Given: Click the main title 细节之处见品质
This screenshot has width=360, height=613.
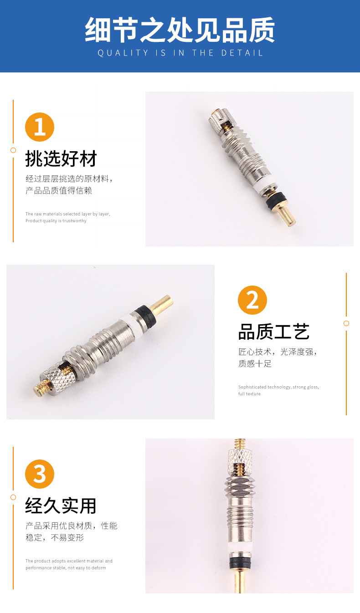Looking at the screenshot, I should pos(180,30).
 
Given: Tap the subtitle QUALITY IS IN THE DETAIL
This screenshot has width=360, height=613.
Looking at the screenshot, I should pos(180,53).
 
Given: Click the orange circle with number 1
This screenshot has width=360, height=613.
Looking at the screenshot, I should pos(40,127).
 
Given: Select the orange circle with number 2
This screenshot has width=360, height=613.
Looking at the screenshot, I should pos(252,300).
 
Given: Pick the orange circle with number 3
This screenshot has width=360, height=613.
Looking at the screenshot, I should pos(40,474).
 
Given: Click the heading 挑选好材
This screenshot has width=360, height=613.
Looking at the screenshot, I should pos(61,159).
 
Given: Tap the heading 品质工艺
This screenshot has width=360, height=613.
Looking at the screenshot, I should pos(274,332).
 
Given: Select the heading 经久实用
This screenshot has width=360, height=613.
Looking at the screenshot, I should pos(61,506).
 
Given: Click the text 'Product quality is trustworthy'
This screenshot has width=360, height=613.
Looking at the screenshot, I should pos(56,221).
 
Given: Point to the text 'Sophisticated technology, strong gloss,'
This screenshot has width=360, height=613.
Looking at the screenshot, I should pos(278,387).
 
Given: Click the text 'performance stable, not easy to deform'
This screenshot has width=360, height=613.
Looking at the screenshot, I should pos(66,568).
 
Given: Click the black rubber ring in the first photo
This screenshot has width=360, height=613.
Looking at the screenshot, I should pos(277,198).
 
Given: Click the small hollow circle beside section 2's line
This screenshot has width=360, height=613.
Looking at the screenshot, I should pos(346,323).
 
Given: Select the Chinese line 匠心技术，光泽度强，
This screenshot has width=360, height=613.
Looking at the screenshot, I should pos(277,352).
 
